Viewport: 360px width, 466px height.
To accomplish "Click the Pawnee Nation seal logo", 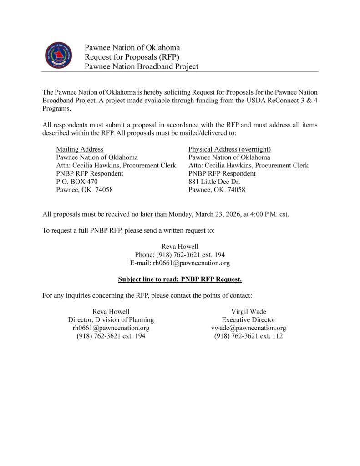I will (59, 56).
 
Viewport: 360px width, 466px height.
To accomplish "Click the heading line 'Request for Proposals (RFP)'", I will (132, 57).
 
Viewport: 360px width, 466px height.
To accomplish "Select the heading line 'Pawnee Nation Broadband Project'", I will (141, 66).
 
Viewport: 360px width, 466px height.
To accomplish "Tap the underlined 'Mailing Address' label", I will (80, 149).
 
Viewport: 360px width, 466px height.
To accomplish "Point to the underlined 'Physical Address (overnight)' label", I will (229, 149).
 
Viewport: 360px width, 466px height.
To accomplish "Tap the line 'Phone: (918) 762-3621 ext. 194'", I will (180, 254).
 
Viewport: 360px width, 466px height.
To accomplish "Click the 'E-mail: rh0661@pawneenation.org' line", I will (180, 263).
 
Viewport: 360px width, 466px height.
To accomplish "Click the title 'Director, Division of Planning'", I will (111, 319).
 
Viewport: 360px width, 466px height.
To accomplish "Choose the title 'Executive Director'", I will (248, 319).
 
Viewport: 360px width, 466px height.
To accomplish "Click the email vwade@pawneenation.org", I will (248, 328).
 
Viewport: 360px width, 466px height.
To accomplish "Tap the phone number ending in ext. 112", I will (248, 336).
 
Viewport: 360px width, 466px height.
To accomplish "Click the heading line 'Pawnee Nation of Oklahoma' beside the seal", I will (132, 47).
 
